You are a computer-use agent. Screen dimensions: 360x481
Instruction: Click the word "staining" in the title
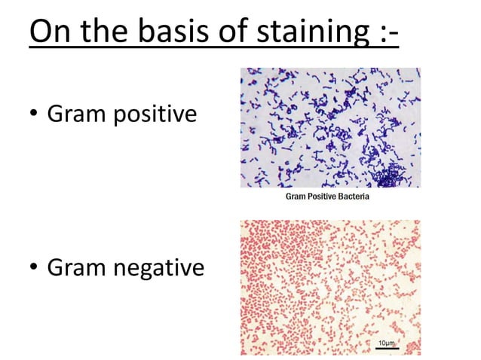coord(316,33)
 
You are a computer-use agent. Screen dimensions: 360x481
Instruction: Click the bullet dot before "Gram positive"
coord(34,115)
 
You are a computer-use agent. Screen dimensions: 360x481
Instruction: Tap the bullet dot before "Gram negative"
coord(34,267)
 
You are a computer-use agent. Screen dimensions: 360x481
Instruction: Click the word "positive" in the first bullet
coord(154,115)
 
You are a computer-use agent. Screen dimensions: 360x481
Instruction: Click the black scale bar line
coord(387,347)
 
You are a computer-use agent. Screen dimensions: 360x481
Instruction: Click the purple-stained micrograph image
coord(330,128)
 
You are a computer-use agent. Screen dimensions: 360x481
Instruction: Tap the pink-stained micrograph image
coord(330,287)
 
